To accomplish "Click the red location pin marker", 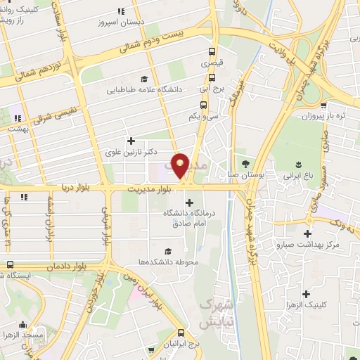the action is (181, 165).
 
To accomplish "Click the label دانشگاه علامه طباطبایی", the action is (144, 90).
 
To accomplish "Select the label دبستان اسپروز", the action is (121, 22).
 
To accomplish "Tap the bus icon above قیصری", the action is (212, 51).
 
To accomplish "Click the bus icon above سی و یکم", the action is (203, 105).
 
